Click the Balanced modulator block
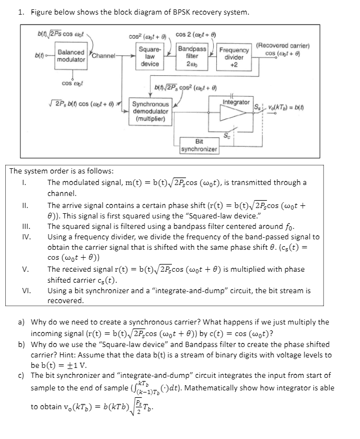(71, 56)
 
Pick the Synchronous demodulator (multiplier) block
(150, 111)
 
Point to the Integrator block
(236, 102)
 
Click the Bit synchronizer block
(199, 145)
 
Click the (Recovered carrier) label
(283, 45)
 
